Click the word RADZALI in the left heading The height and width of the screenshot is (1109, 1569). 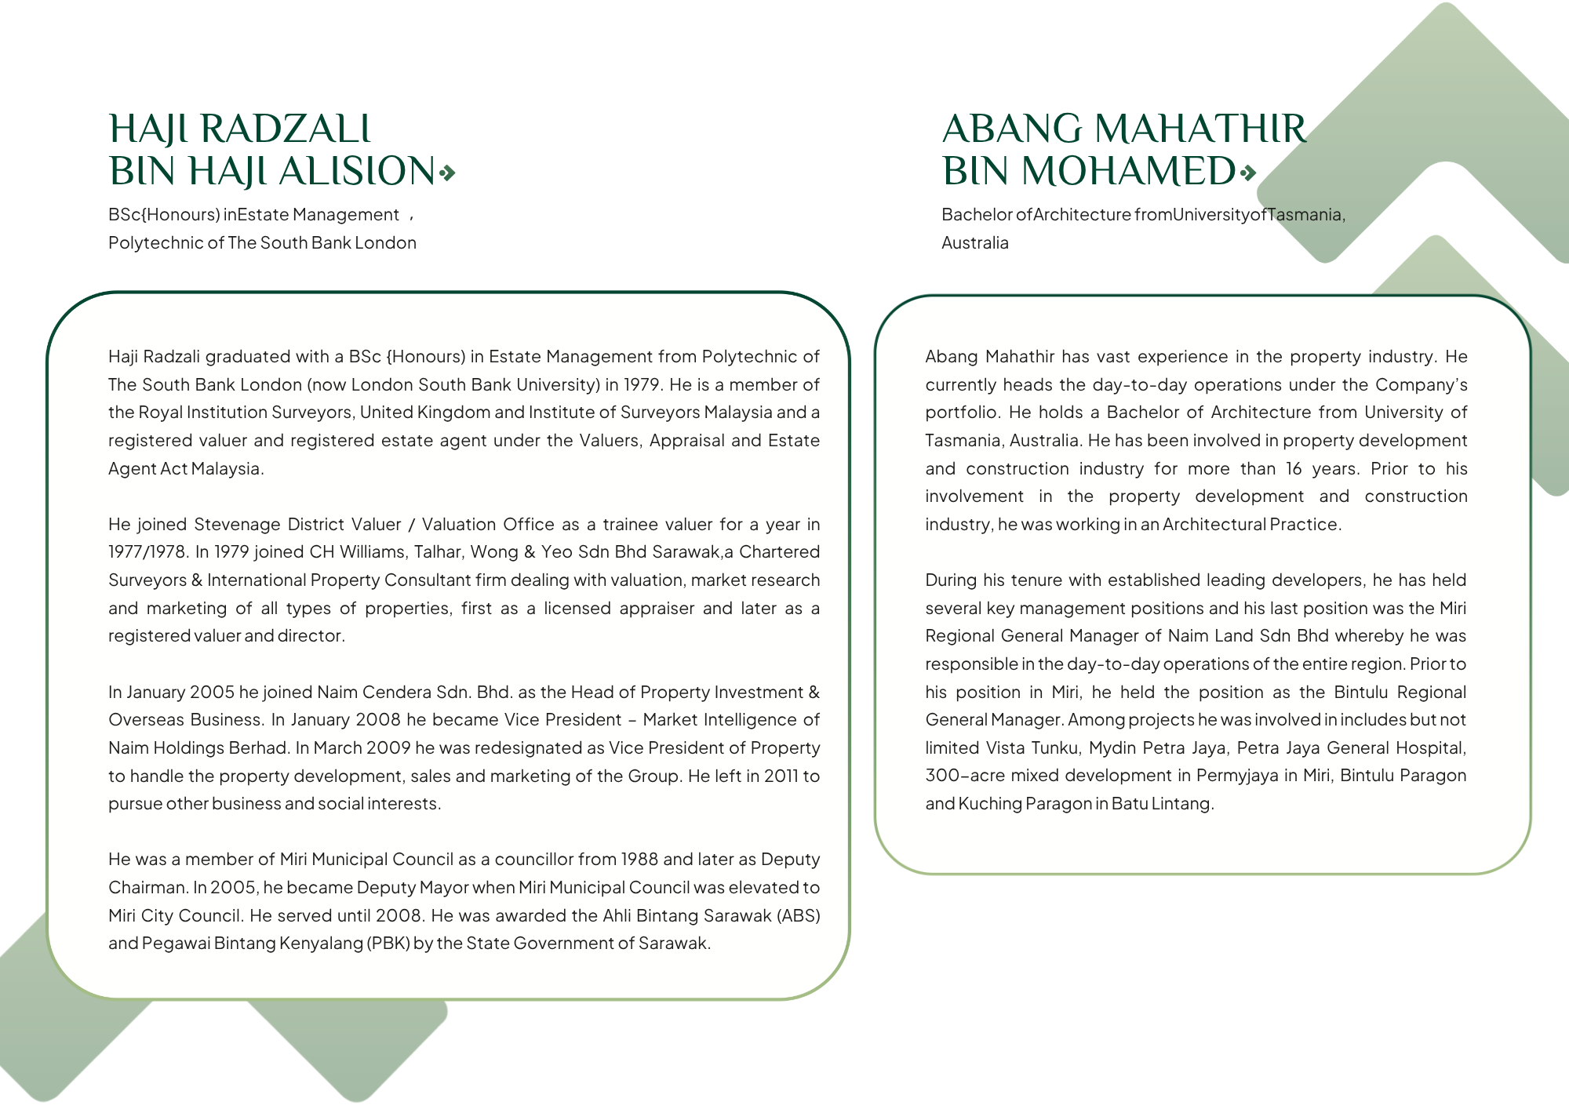(286, 129)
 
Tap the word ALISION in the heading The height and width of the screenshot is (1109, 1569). (357, 172)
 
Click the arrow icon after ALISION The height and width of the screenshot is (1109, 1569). (447, 173)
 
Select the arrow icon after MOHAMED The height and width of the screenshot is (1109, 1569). (1247, 173)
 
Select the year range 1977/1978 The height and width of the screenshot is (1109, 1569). (147, 552)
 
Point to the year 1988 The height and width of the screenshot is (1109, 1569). (639, 860)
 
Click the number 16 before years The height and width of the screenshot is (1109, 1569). (1294, 469)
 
